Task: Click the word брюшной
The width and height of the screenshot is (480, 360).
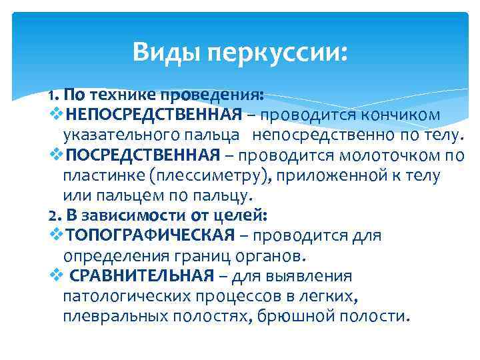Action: (290, 315)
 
